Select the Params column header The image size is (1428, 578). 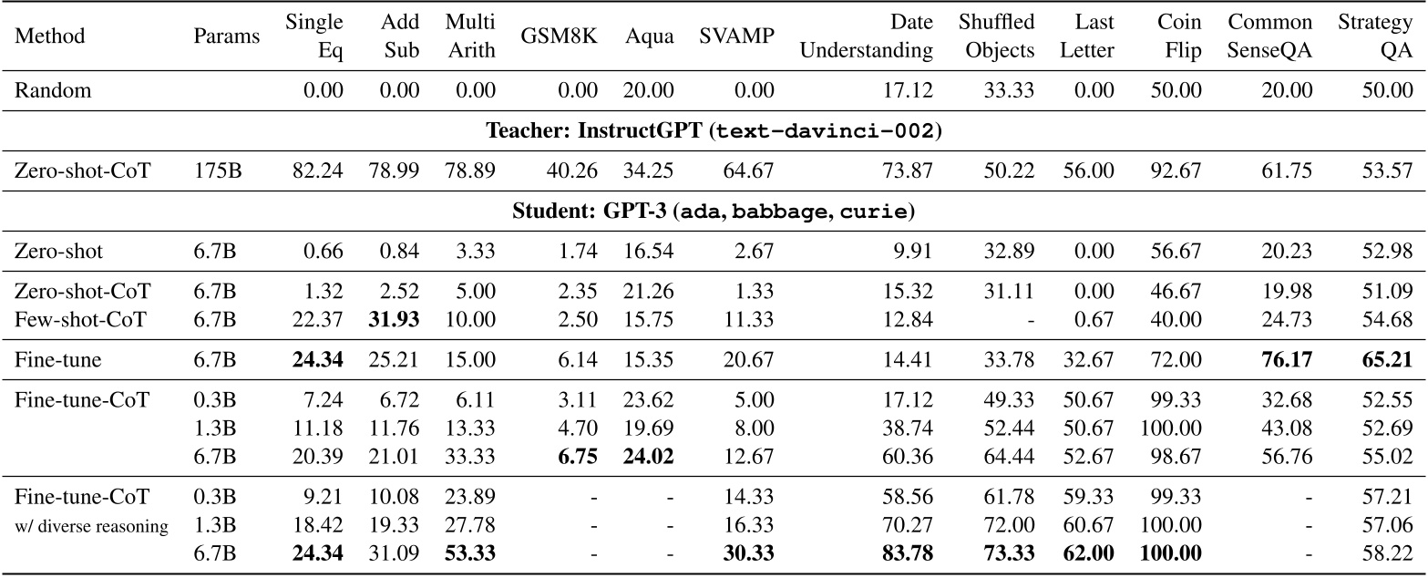pyautogui.click(x=226, y=36)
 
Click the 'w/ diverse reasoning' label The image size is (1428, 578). pyautogui.click(x=92, y=526)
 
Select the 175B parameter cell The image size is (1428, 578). pyautogui.click(x=217, y=170)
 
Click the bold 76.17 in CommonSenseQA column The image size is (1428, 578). pyautogui.click(x=1283, y=360)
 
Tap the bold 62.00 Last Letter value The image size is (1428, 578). pyautogui.click(x=1087, y=553)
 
